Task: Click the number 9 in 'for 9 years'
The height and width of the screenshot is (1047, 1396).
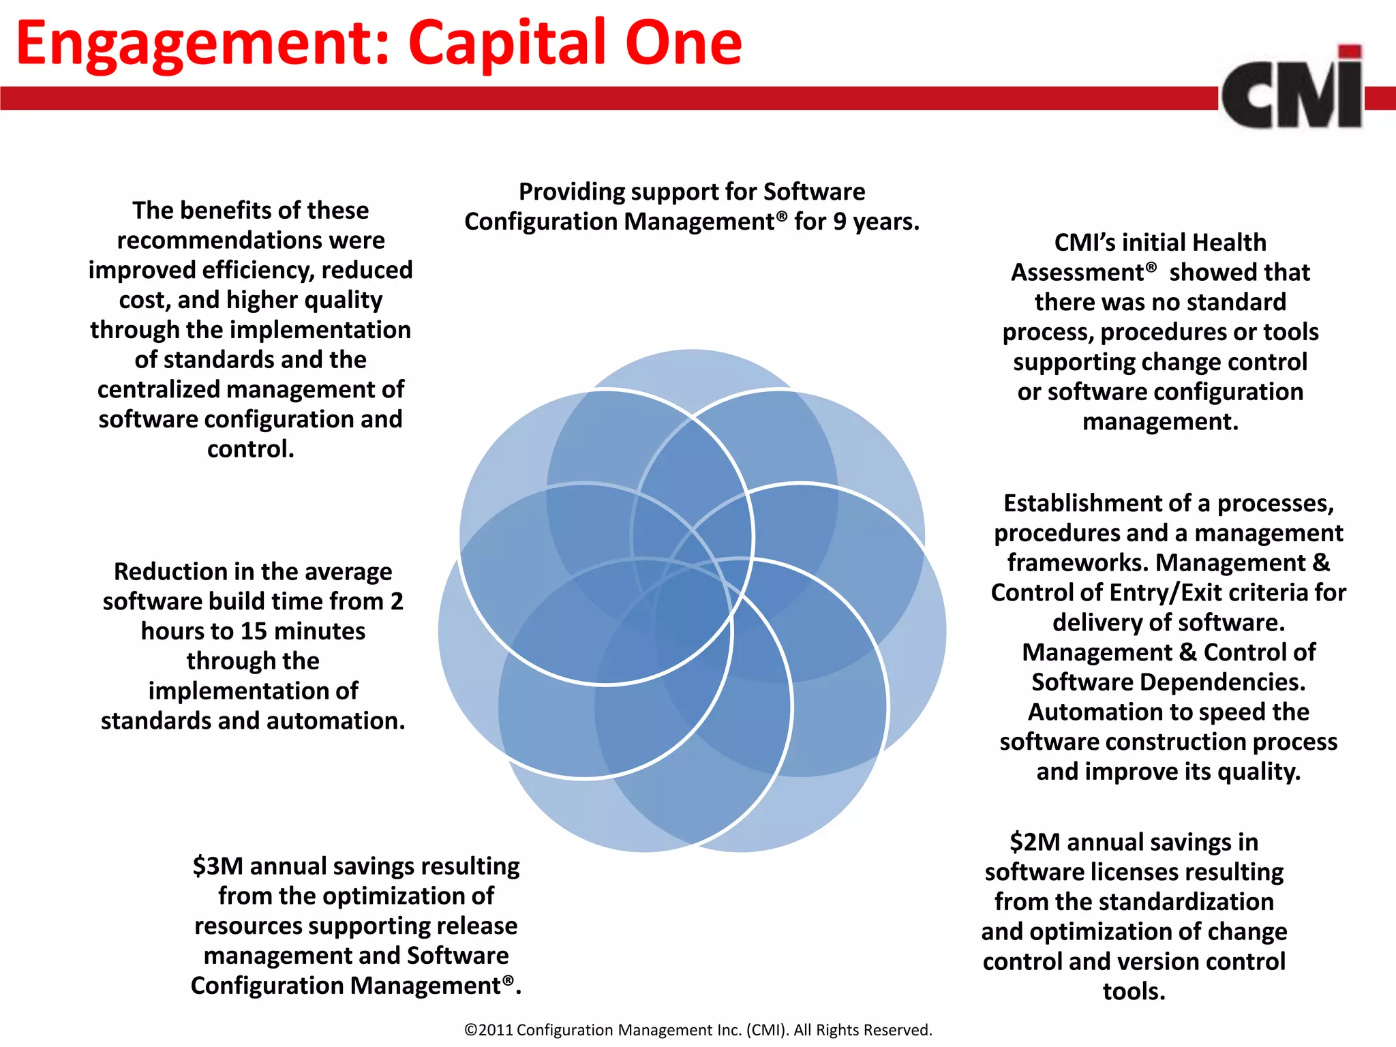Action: (840, 222)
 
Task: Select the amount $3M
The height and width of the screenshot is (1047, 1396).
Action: (217, 866)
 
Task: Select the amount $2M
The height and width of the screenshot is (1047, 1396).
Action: (1034, 842)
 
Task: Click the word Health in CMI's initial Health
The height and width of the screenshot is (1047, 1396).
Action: (1229, 242)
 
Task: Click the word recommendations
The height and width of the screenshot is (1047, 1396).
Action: (250, 240)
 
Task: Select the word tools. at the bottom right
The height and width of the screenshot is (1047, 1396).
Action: (1134, 991)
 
